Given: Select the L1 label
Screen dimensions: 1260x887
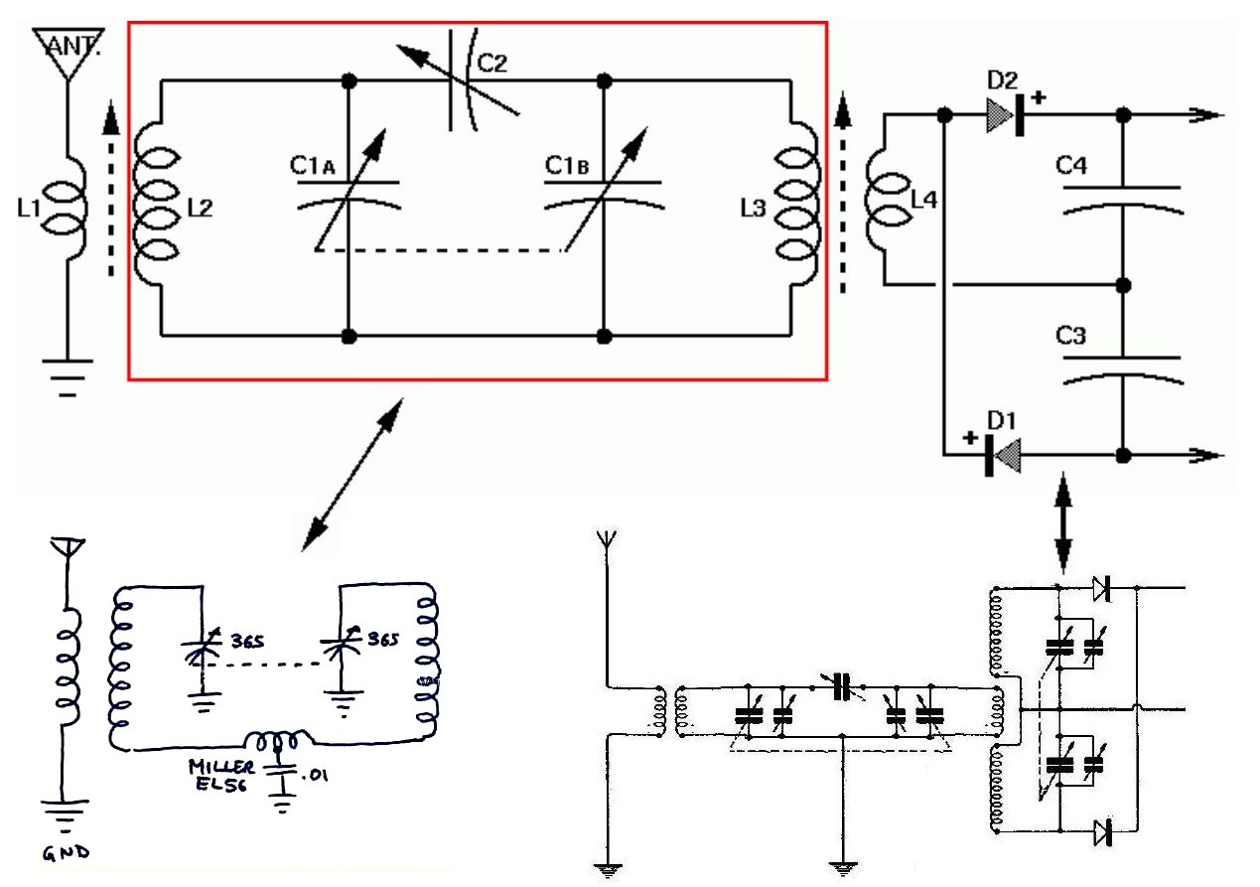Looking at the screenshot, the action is (29, 209).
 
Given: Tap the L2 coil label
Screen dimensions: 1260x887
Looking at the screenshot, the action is (201, 209).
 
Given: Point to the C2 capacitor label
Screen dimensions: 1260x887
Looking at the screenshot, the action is (492, 63).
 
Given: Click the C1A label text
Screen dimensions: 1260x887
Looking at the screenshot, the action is (312, 166).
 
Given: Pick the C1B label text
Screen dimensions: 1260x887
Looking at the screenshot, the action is (567, 166).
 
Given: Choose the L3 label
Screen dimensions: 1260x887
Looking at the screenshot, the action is (754, 209).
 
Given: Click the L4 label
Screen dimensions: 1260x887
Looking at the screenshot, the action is (923, 200).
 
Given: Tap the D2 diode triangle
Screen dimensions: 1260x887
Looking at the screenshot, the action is (1000, 115).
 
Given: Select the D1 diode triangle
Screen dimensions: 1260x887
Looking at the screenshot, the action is (1007, 456).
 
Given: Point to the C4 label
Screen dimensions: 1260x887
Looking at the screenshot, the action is (1071, 166).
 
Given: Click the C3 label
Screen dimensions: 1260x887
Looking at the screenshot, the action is (1070, 336).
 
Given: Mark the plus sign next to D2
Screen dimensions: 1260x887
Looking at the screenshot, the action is (1039, 97).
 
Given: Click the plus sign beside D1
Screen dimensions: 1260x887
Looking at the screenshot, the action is (970, 438).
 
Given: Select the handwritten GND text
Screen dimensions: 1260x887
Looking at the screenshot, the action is (67, 852).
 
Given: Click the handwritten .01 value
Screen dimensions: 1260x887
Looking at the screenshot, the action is (315, 775).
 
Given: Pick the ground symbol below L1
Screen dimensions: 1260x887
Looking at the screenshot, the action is (68, 378).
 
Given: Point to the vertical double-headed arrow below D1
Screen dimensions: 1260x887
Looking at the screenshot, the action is (1062, 522).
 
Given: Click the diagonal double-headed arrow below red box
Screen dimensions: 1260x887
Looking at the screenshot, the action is (352, 475).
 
